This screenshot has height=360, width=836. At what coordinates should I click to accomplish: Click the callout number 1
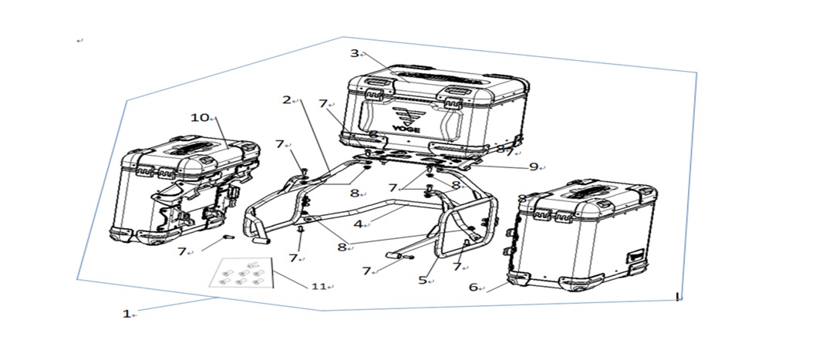tap(126, 315)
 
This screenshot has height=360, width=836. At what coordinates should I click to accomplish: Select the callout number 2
tap(287, 99)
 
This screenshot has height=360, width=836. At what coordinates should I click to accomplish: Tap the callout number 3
tap(355, 53)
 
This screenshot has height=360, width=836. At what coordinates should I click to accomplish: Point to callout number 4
tap(358, 224)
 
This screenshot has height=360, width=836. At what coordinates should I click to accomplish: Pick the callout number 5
tap(423, 280)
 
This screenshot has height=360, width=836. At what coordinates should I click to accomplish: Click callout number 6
tap(473, 287)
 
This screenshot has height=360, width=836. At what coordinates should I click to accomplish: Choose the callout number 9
tap(534, 167)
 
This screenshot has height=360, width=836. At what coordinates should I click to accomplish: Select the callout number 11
tap(319, 286)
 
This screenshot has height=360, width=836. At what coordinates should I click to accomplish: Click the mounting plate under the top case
tap(415, 160)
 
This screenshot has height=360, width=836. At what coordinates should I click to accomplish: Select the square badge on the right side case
tap(636, 257)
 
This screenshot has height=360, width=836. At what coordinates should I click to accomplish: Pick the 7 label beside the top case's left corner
tap(322, 104)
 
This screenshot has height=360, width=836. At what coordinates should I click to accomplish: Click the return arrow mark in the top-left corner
tap(79, 41)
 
